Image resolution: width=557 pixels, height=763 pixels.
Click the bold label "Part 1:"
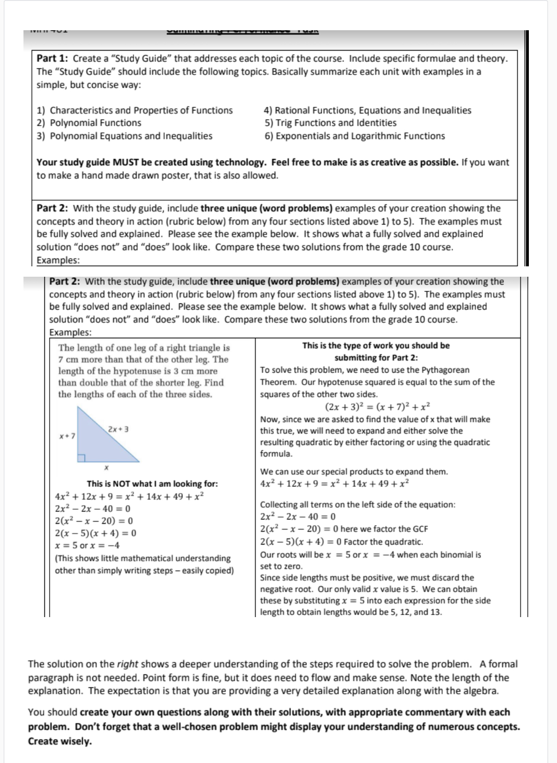(x=53, y=58)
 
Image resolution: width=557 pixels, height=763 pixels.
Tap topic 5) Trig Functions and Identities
(x=330, y=123)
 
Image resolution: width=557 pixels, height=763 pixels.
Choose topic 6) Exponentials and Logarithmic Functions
(x=355, y=136)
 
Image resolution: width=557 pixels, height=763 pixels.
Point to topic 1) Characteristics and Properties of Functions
(x=135, y=110)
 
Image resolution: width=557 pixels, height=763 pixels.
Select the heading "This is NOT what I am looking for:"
(x=152, y=484)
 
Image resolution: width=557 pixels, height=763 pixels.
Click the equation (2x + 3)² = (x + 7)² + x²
(x=377, y=407)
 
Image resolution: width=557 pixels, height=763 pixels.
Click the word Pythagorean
(x=443, y=370)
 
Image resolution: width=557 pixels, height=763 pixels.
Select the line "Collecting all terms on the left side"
(x=357, y=504)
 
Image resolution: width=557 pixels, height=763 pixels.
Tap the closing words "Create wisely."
(x=60, y=741)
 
